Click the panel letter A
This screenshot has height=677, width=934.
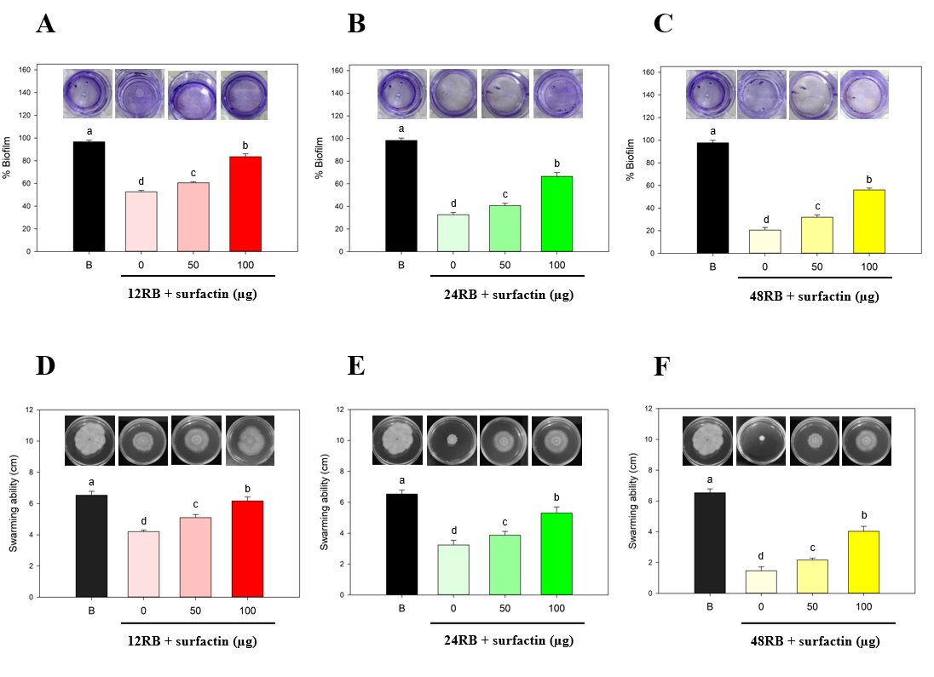point(46,23)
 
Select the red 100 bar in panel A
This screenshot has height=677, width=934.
point(245,204)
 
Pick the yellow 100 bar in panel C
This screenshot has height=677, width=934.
point(869,221)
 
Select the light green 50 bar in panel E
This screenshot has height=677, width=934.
point(504,565)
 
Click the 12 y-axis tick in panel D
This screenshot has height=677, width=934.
point(29,410)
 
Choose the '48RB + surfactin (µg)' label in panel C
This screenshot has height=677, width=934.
point(814,297)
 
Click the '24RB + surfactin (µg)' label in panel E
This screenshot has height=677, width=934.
point(502,640)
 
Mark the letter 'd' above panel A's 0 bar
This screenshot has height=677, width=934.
point(141,181)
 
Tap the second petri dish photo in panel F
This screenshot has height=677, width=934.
point(761,441)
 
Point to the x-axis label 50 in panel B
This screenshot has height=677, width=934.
point(504,264)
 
